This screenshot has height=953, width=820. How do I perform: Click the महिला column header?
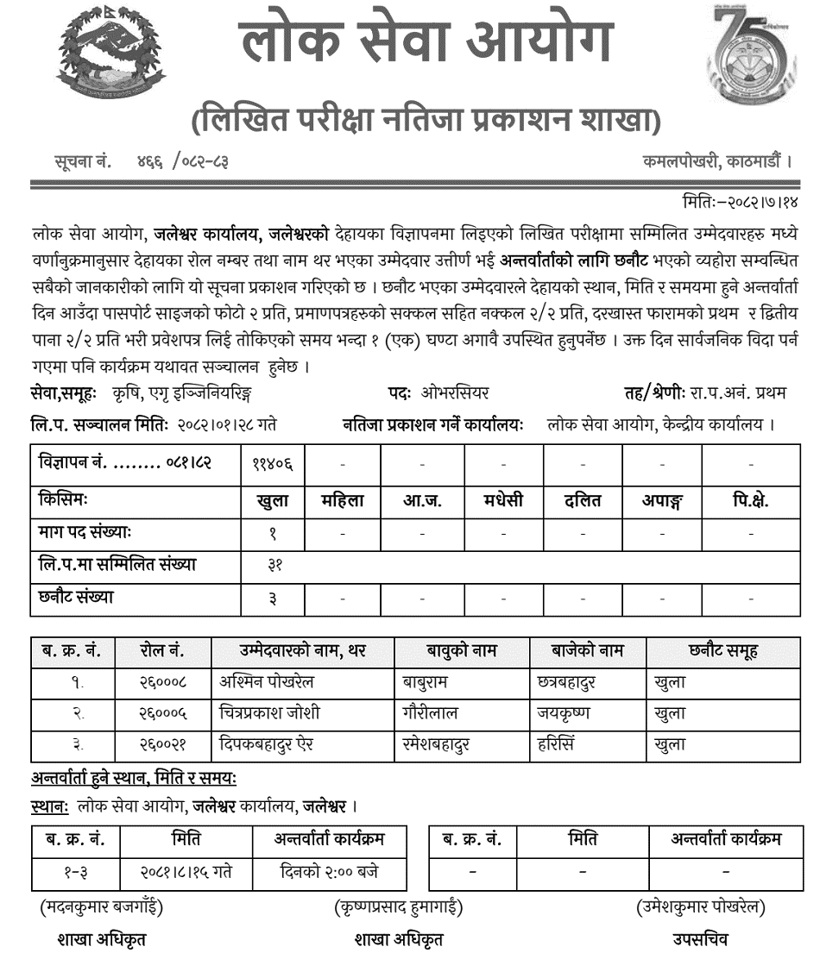343,501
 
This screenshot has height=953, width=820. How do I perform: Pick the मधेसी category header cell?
503,501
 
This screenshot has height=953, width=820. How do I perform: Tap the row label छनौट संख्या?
76,597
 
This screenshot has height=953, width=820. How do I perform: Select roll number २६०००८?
161,682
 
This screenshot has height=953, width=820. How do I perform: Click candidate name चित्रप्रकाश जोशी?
269,712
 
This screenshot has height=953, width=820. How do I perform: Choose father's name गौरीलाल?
431,712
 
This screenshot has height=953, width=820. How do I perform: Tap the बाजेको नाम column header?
587,651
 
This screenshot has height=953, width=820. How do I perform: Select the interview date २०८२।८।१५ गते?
186,872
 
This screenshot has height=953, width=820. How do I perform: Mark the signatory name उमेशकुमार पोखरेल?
699,907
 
